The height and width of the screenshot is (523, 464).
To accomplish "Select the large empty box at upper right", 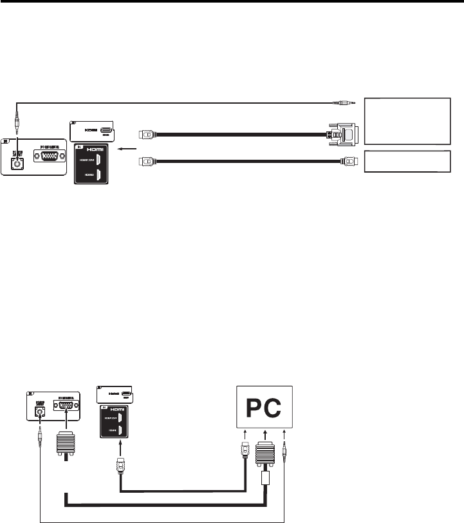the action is click(x=407, y=120).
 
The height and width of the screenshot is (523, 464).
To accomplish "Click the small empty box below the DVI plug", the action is click(x=406, y=161).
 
